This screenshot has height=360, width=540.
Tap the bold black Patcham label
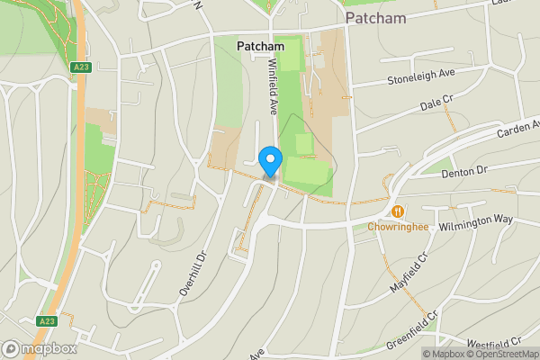pos(260,46)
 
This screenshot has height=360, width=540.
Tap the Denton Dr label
pos(464,169)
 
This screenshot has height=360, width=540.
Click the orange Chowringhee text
pos(396,227)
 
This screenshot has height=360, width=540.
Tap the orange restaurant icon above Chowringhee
pos(397,211)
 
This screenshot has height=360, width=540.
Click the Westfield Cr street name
pos(494,343)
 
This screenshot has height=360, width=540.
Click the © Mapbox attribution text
pos(446,354)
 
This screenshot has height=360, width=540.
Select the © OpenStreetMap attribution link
pos(500,354)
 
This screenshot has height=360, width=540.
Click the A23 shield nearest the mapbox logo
pos(48,320)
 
